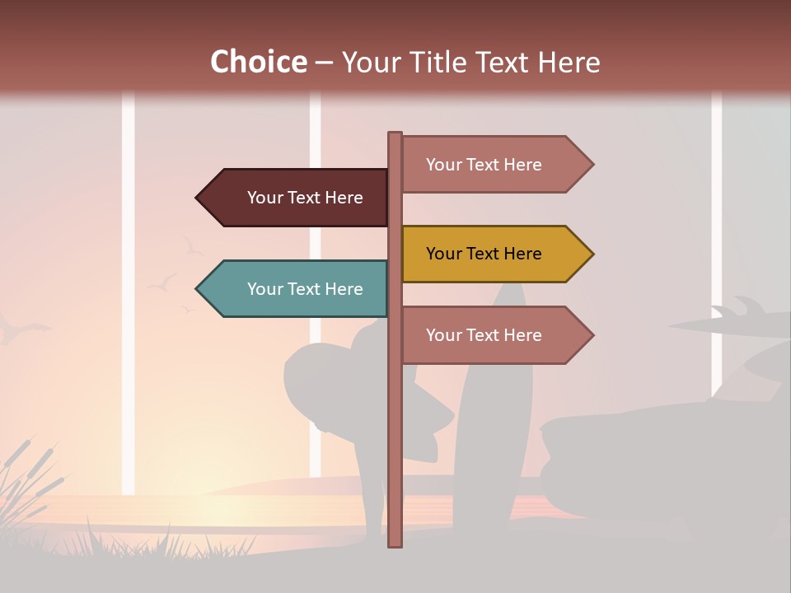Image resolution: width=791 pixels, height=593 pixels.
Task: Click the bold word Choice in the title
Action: pos(258,62)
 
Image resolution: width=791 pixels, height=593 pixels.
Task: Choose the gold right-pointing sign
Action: pos(494,254)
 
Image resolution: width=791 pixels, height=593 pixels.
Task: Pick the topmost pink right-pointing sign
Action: pos(494,165)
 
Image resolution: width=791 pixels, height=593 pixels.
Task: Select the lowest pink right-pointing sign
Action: pos(494,335)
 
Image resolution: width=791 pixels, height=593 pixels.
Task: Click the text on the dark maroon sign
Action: pos(305,198)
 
